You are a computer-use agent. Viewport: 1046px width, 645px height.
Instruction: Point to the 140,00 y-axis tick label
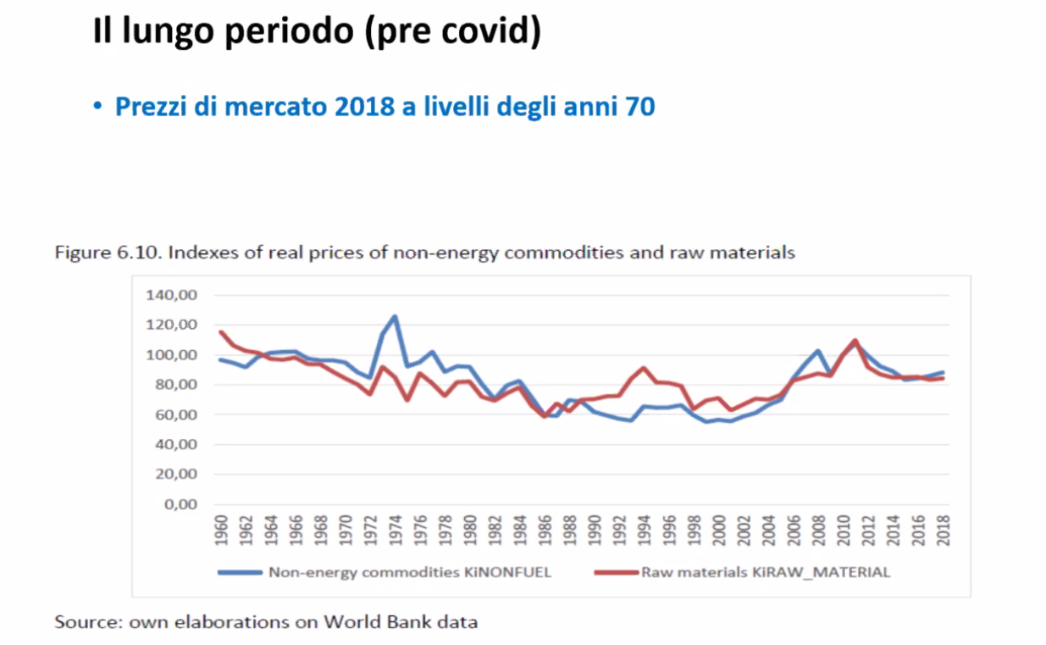click(173, 295)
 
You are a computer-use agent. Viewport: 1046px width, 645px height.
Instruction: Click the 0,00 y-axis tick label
click(181, 504)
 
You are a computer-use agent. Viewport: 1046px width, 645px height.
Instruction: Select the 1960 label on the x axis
click(221, 531)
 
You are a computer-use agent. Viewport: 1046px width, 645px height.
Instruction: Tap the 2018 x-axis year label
click(944, 531)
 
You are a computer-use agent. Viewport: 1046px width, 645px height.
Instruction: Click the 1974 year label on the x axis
click(395, 531)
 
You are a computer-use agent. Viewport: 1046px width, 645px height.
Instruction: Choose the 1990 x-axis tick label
click(595, 531)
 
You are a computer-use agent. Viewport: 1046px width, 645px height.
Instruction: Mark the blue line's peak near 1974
click(395, 316)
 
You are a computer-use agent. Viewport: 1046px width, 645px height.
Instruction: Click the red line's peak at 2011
click(855, 340)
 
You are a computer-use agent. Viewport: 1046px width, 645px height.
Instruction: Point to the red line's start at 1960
click(220, 331)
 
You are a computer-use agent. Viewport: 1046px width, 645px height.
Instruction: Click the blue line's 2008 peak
click(818, 350)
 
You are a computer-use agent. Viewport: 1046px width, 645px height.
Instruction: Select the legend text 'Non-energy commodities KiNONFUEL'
click(410, 572)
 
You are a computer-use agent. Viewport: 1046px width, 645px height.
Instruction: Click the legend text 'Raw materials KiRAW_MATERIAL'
click(766, 572)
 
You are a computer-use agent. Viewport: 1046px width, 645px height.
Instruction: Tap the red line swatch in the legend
click(616, 572)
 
